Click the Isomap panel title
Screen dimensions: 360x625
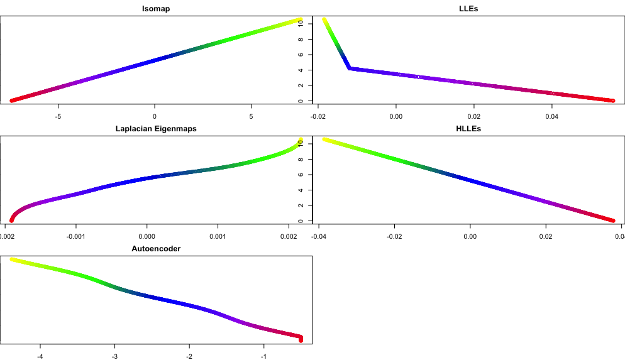coord(156,9)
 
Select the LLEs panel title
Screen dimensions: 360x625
coord(469,9)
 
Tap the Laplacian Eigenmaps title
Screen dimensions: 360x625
coord(156,129)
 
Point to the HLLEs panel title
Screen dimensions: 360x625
coord(469,129)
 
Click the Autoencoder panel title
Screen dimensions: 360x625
coord(156,249)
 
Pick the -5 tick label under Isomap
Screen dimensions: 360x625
coord(58,116)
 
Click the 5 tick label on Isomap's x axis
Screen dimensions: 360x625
coord(251,116)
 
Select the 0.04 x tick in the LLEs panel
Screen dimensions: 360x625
coord(551,116)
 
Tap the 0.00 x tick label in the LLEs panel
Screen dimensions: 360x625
coord(396,116)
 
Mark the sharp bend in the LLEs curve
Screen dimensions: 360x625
coord(350,68)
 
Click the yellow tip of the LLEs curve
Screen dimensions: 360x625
coord(324,20)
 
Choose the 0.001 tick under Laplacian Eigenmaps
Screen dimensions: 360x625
coord(218,236)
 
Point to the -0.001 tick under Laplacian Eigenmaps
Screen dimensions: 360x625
coord(75,236)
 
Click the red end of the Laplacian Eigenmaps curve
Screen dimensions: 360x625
coord(11,220)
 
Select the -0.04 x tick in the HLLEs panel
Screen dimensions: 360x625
coord(319,236)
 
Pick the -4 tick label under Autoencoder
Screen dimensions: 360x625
coord(40,356)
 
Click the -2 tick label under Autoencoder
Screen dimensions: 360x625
coord(189,356)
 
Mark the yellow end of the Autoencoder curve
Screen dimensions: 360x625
coord(12,259)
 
